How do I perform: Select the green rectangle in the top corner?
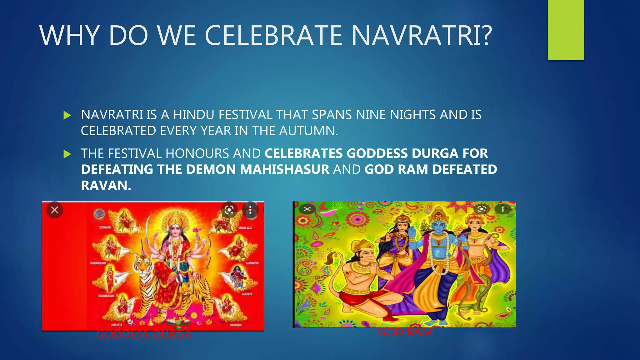point(566,30)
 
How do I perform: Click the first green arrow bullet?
point(67,115)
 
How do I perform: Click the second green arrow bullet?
point(67,154)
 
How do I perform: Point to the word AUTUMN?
point(308,131)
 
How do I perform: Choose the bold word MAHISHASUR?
point(284,170)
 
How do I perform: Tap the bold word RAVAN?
point(106,186)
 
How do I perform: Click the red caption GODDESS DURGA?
point(144,335)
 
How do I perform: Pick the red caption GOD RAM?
point(405,332)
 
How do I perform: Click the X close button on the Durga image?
point(55,210)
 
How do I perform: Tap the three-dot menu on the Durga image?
point(250,210)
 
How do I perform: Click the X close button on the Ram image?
point(307,209)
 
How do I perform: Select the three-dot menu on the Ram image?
point(502,209)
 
